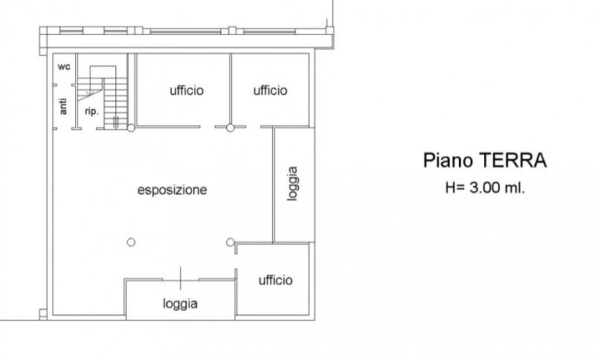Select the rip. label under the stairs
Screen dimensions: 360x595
(x=92, y=111)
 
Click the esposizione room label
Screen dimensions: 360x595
(x=172, y=190)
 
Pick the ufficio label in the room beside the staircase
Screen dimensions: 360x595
(x=187, y=91)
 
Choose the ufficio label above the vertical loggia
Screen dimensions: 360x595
(x=270, y=91)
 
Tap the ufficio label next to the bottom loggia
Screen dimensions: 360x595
(x=275, y=280)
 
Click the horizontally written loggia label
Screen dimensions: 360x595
(x=181, y=303)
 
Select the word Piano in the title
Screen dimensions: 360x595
(x=448, y=161)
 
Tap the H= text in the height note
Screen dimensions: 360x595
(x=454, y=189)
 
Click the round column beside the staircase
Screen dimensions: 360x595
(x=131, y=129)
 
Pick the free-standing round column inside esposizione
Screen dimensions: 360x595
(x=131, y=241)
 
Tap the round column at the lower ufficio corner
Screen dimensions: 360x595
(x=231, y=241)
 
